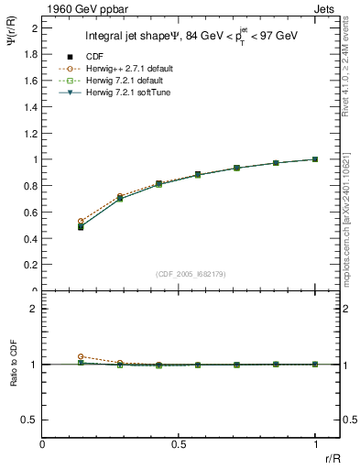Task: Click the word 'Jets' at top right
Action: point(327,8)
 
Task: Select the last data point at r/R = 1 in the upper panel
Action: point(316,159)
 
